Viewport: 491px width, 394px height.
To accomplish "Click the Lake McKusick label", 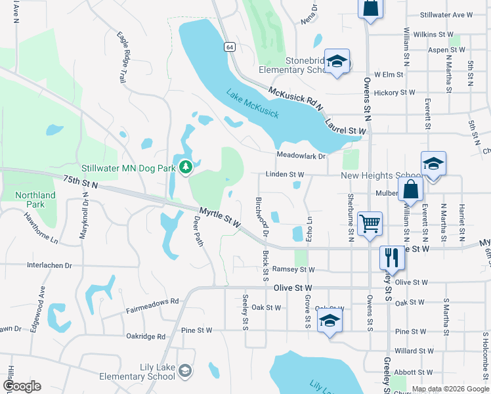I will [x=253, y=104].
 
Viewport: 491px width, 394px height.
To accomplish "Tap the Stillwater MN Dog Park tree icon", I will [x=186, y=167].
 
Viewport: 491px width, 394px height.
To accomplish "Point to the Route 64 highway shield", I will [x=228, y=47].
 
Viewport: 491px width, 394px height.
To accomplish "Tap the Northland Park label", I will [x=36, y=200].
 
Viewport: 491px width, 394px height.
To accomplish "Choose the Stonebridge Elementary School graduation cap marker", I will [x=337, y=62].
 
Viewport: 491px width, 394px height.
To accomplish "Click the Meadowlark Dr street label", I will [x=301, y=156].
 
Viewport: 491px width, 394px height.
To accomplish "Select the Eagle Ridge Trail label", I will [x=121, y=58].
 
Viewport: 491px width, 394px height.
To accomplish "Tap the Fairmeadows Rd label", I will [x=152, y=301].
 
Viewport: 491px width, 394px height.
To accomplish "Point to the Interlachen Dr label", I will [x=49, y=266].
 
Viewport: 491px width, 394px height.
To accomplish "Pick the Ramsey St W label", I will [x=293, y=270].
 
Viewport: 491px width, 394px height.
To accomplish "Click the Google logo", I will [x=22, y=386].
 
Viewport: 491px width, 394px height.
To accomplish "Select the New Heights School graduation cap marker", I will [x=434, y=164].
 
